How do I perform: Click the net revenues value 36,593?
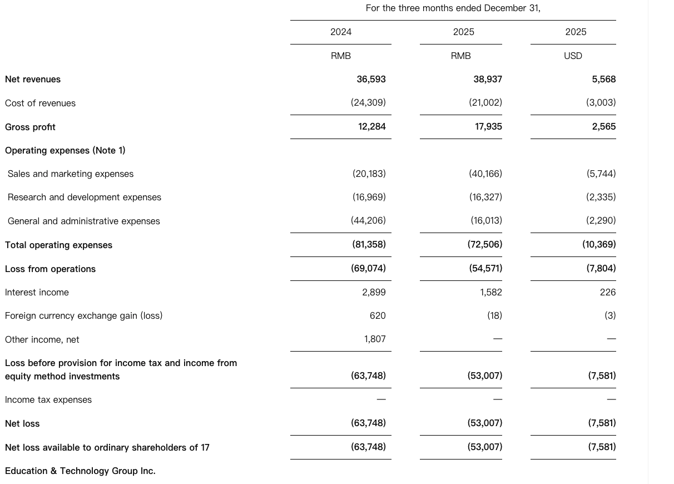[371, 80]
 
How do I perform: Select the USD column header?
[573, 56]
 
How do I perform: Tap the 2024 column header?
[341, 32]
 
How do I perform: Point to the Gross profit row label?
[30, 127]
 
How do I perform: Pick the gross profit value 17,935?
[488, 127]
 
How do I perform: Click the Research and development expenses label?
[85, 197]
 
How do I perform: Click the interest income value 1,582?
[491, 292]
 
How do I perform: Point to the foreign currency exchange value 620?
[378, 315]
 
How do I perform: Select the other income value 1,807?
[375, 339]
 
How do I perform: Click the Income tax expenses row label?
[48, 399]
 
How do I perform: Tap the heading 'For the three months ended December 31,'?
[453, 8]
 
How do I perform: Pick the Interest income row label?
[37, 292]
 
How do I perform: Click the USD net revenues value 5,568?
[603, 80]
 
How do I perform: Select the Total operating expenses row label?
[58, 245]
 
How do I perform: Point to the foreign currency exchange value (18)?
[494, 315]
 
